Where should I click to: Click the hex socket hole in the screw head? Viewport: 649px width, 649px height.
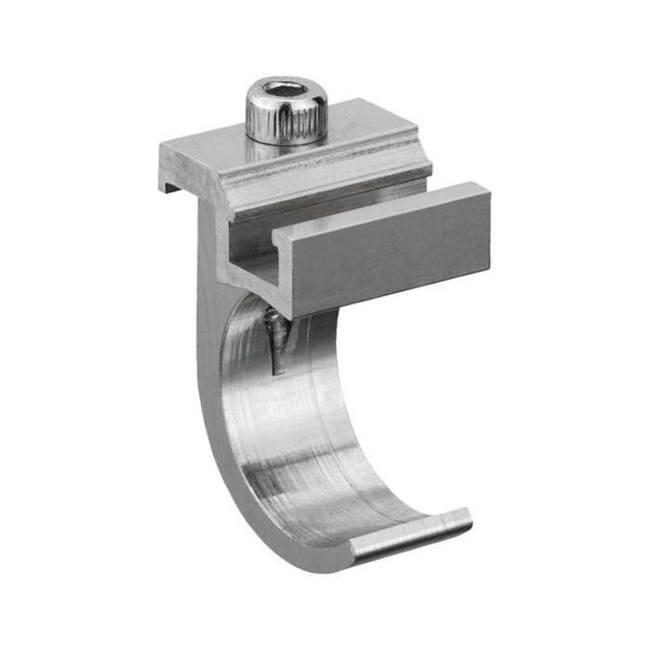(285, 94)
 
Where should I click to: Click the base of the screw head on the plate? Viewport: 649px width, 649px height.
(286, 139)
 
